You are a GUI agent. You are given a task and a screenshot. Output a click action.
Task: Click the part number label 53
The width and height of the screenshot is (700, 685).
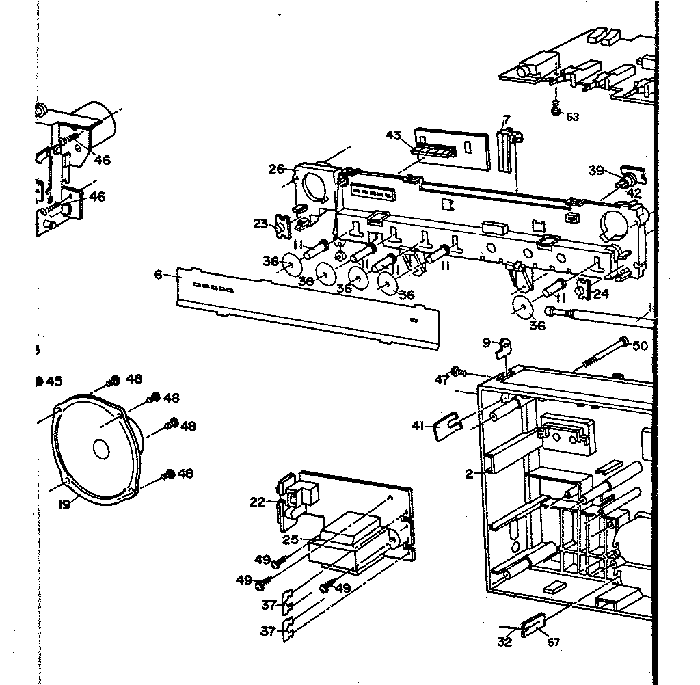[572, 117]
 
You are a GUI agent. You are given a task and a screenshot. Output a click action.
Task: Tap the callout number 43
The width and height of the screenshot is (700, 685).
[393, 135]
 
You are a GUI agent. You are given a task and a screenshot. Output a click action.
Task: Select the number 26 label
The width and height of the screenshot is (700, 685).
[276, 169]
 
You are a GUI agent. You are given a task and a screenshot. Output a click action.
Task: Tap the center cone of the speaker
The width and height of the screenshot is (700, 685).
[100, 448]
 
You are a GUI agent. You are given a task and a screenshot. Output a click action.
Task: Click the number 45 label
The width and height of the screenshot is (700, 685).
[53, 381]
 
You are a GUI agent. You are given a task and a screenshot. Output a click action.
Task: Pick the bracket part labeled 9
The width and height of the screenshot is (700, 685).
[504, 348]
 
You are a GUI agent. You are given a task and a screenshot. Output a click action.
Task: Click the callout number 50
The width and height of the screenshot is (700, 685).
[639, 346]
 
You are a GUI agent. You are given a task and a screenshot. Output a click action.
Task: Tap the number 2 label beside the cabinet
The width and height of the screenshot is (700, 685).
[470, 473]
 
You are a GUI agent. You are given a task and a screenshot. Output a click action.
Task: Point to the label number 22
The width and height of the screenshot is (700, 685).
[257, 502]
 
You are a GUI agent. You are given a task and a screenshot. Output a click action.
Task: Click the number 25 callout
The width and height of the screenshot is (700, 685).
[291, 540]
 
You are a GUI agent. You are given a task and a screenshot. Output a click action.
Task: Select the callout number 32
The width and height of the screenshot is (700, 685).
[504, 642]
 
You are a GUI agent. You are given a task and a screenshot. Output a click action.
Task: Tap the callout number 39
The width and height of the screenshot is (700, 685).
[597, 171]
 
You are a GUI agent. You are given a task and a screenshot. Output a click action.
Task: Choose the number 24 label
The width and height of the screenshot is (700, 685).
[600, 295]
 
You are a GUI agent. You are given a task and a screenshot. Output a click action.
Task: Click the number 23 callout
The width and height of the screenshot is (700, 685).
[260, 223]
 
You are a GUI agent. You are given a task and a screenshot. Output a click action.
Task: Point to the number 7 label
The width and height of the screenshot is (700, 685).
[507, 120]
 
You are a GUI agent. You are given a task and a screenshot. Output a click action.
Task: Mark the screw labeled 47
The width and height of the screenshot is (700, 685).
[460, 373]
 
